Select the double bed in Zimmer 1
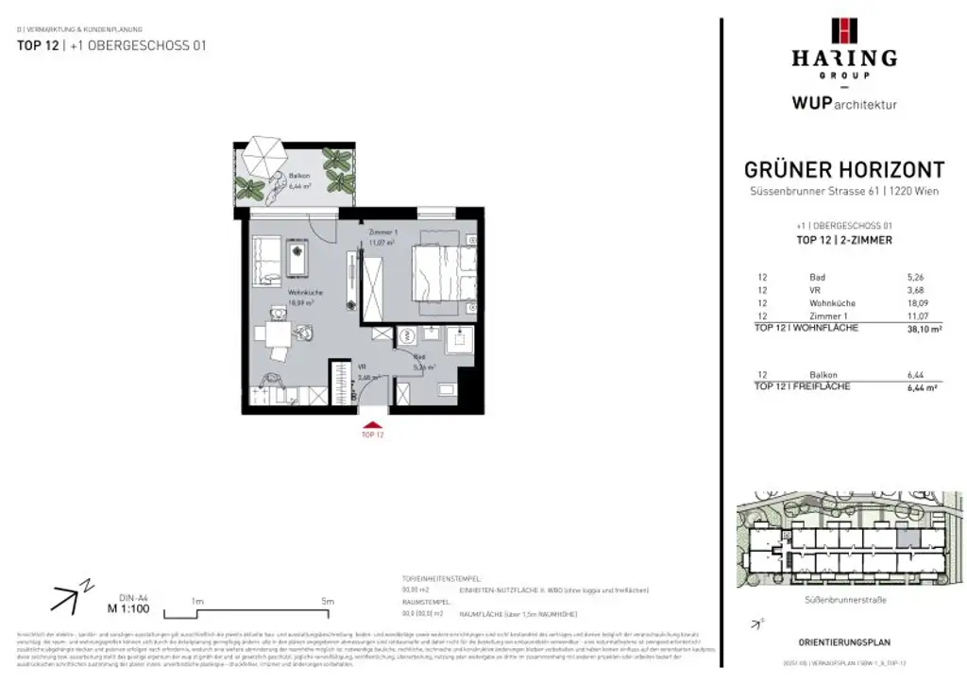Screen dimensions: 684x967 (440, 275)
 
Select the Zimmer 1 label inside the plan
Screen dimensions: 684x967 (382, 232)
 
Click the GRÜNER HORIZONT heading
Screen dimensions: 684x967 (843, 170)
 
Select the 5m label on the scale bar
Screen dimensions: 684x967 (328, 601)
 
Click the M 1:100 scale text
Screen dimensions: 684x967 (127, 609)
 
